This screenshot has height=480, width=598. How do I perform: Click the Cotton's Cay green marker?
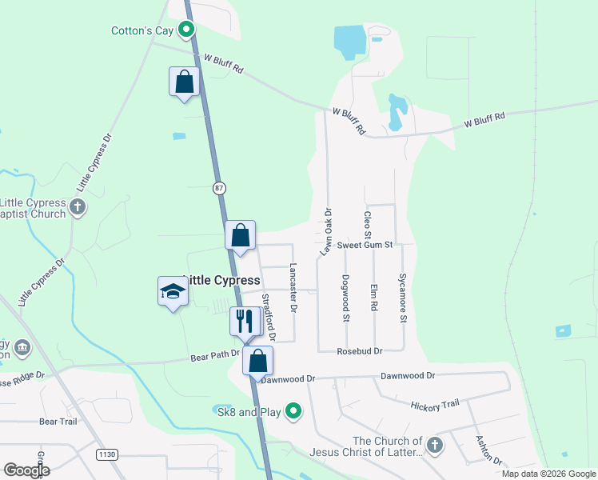pos(187,31)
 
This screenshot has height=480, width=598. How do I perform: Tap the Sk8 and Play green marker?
pos(293,412)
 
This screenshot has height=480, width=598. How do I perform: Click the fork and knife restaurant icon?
pos(245,321)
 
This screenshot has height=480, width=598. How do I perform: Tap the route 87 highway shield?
pos(220,188)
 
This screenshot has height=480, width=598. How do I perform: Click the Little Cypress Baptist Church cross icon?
pos(77,208)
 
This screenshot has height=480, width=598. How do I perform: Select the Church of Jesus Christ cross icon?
pos(434,446)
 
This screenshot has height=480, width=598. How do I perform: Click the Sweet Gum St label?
pos(365,245)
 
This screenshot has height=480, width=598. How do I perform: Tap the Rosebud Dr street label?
pos(360,351)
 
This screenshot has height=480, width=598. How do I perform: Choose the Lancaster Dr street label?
pos(293,287)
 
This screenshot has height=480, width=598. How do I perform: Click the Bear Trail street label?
pos(58,421)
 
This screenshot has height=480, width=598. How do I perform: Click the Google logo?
pos(26,470)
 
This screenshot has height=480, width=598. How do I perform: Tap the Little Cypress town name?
pos(221,281)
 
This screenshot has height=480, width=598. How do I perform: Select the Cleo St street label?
pos(368,225)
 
